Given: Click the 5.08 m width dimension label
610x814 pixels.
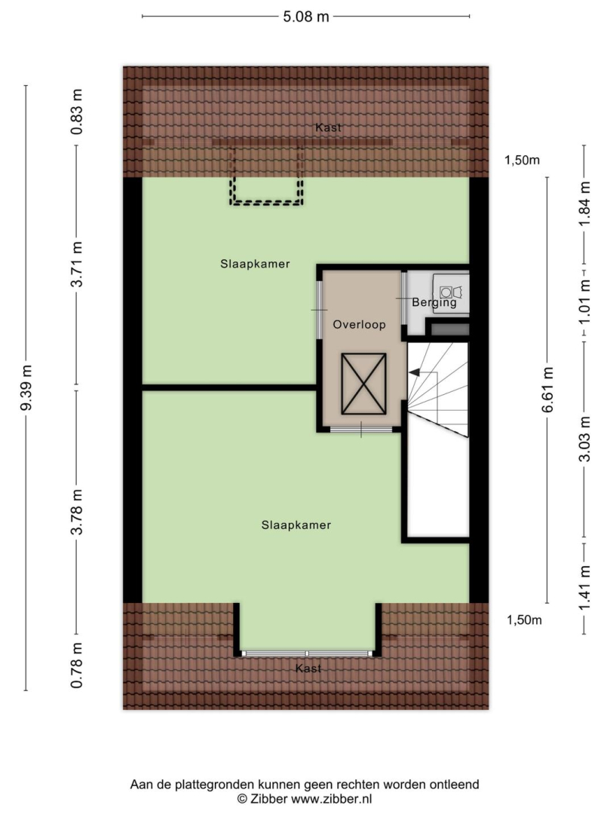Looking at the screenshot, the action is [x=306, y=17].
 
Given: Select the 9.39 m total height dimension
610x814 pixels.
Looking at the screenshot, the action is [x=26, y=387].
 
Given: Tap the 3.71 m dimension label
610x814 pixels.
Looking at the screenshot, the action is [x=77, y=265].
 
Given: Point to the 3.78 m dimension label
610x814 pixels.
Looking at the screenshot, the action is [x=77, y=513].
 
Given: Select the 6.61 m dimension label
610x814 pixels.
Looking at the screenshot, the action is [x=547, y=390].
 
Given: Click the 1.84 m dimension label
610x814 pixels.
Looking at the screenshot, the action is [x=585, y=204].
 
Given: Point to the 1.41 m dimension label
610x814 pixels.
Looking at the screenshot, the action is [x=585, y=589].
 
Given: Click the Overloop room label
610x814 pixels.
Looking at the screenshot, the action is [x=359, y=325].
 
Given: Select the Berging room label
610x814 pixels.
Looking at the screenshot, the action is [x=434, y=303].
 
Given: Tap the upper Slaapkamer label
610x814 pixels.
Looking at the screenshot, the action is [x=255, y=264].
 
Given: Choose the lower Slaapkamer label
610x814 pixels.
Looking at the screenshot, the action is [x=296, y=525].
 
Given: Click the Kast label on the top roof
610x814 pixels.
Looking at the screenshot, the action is [x=328, y=127].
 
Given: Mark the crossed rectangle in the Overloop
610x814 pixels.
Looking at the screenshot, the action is [x=363, y=384].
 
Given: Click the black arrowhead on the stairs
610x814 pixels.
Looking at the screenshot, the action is [x=414, y=372].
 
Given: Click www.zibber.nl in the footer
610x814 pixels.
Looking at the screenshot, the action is [x=331, y=798].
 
